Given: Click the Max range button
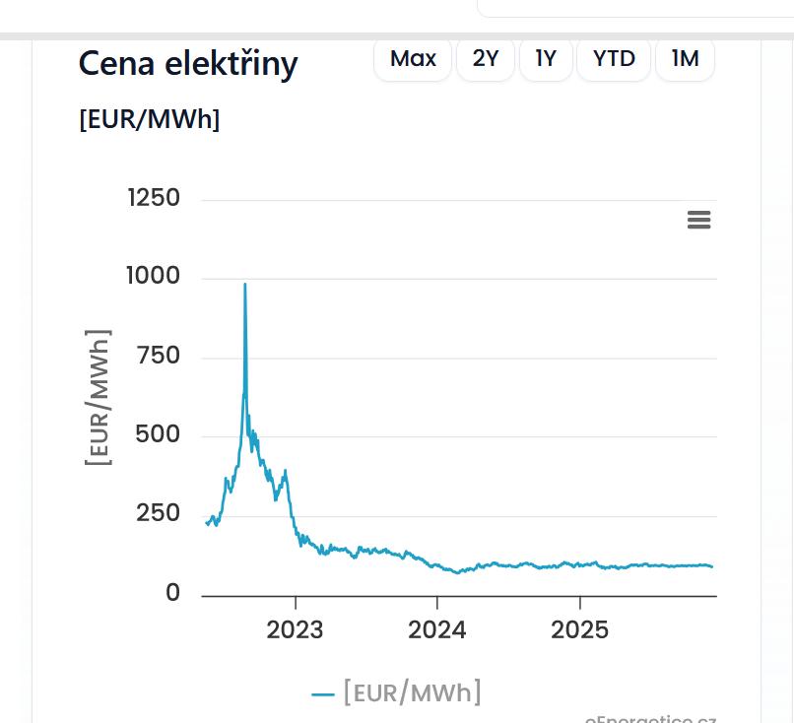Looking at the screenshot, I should click(413, 59).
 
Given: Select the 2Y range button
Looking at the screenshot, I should click(486, 59).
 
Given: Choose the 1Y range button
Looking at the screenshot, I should click(546, 59).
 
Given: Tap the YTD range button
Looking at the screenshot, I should click(614, 59).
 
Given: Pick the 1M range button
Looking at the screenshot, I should click(685, 59).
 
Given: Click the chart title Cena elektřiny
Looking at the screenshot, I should click(188, 64).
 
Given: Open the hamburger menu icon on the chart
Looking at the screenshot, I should click(698, 220).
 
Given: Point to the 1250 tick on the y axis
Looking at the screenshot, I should click(155, 199).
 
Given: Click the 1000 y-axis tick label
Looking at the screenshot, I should click(154, 277).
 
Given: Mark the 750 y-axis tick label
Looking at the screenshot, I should click(160, 356).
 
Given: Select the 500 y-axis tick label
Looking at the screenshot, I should click(159, 434).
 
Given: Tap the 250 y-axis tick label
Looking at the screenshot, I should click(160, 514).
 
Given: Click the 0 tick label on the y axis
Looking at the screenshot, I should click(172, 593).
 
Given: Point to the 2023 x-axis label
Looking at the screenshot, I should click(295, 630).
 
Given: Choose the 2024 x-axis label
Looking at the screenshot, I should click(437, 630).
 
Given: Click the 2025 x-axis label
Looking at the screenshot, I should click(580, 630).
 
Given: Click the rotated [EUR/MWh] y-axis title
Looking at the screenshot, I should click(99, 397).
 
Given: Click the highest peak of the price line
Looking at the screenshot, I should click(245, 286).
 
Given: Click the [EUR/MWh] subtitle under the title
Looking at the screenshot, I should click(150, 119).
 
